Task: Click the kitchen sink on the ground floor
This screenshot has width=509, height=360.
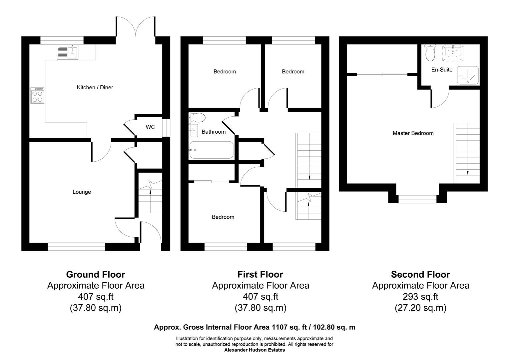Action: (68, 52)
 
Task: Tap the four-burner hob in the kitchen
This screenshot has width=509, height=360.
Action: (37, 96)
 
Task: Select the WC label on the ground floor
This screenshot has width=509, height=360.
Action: (150, 127)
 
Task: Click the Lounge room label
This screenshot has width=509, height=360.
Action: (82, 192)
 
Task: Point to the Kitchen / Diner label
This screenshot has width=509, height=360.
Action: (95, 87)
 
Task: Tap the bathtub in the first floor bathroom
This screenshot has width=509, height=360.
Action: (211, 150)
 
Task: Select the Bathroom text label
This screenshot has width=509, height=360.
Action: (214, 132)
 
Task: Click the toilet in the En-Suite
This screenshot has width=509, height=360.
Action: (430, 53)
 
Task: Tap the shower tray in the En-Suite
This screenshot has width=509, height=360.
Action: (468, 75)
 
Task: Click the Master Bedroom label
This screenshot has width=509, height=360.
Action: (413, 133)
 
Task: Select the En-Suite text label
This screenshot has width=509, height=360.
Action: (442, 70)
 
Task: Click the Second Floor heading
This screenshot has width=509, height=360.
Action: (420, 274)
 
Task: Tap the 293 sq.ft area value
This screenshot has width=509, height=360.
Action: (420, 297)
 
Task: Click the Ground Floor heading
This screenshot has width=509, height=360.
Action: (96, 274)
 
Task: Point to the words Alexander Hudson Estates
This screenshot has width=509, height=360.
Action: (254, 350)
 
